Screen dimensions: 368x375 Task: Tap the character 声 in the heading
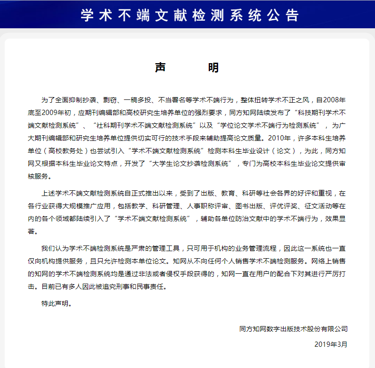pos(161,67)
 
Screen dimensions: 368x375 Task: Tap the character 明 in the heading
pos(213,67)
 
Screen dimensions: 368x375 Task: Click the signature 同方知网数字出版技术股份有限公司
pos(293,329)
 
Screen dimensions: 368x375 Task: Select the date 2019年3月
pos(331,344)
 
